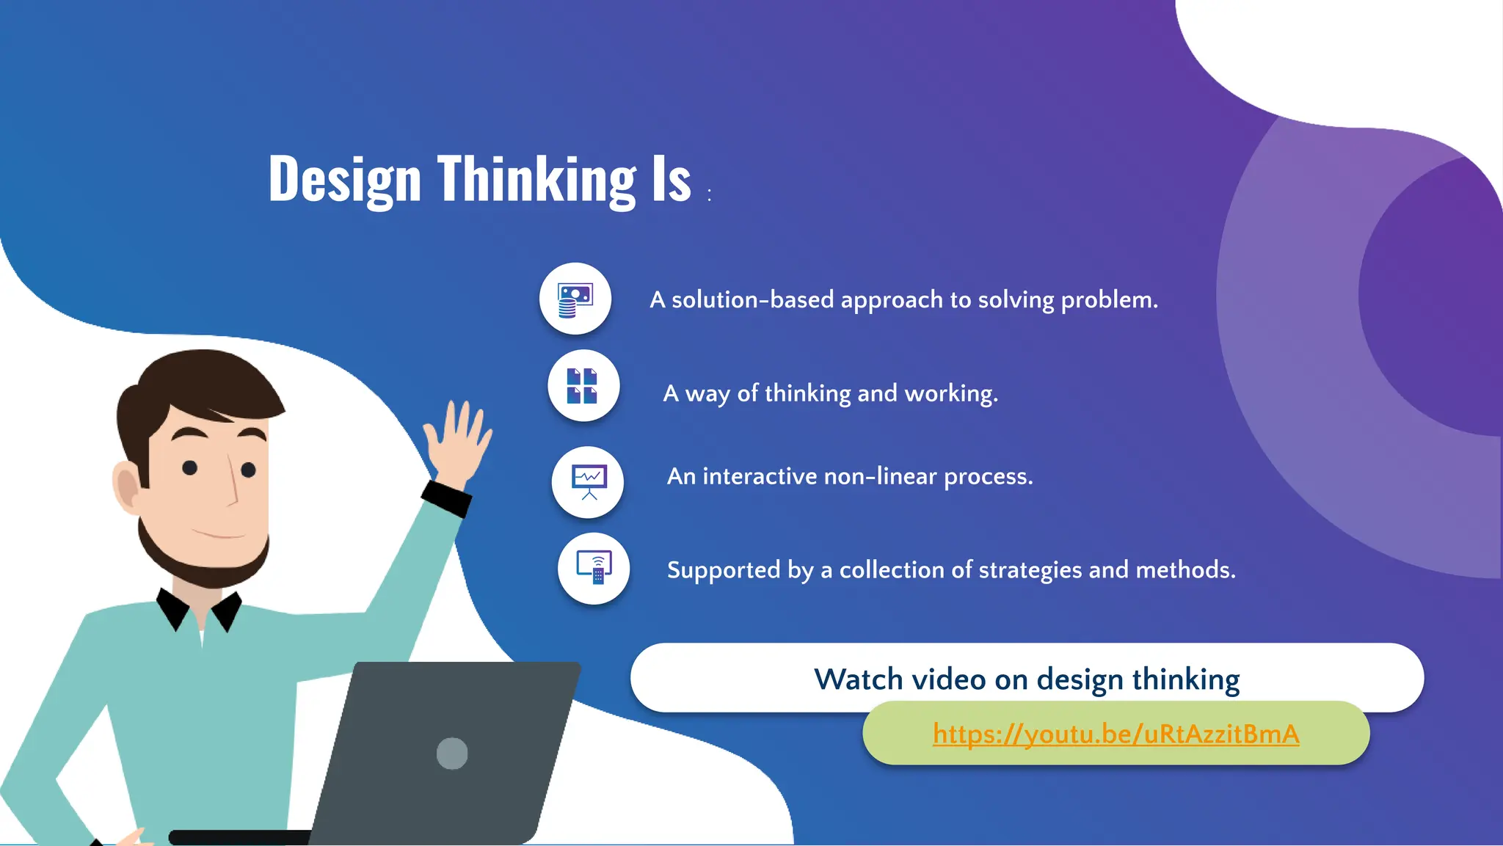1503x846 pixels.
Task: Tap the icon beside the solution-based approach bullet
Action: click(575, 299)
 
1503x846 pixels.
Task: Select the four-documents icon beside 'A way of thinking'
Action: click(583, 386)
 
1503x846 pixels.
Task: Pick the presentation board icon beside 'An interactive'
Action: click(589, 482)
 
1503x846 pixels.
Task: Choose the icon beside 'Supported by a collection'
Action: click(594, 568)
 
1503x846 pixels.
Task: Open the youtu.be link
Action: click(1116, 734)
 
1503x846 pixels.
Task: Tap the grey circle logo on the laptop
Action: click(452, 753)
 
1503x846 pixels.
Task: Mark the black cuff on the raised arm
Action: click(446, 498)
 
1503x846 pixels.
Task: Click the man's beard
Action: click(205, 565)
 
